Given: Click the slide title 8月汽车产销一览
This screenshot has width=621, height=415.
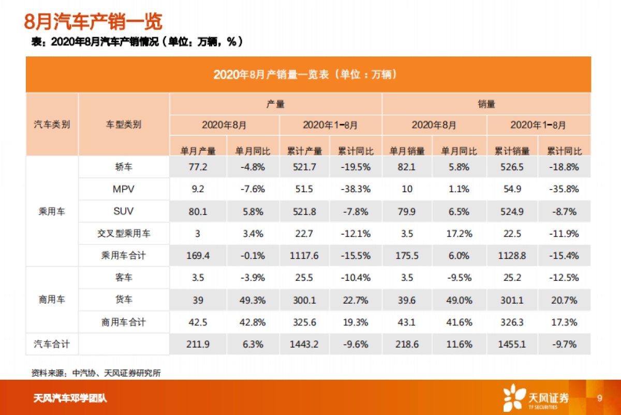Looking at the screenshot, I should pyautogui.click(x=93, y=22).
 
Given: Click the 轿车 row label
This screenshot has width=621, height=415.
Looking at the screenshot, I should pyautogui.click(x=124, y=167).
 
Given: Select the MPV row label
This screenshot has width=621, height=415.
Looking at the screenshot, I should pyautogui.click(x=124, y=189).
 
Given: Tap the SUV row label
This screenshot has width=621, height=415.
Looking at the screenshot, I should pyautogui.click(x=124, y=211).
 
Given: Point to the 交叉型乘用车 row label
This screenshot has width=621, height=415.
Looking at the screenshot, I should pyautogui.click(x=124, y=234).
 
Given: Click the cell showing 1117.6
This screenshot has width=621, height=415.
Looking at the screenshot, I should pyautogui.click(x=304, y=256).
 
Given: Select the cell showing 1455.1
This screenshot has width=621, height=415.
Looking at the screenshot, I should pyautogui.click(x=512, y=344).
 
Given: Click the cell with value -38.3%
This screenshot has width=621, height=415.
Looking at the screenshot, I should pyautogui.click(x=356, y=189).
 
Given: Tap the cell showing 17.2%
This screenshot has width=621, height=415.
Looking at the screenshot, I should pyautogui.click(x=460, y=234).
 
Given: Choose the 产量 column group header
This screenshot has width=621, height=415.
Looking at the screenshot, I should pyautogui.click(x=275, y=104).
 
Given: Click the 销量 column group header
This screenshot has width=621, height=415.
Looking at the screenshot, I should pyautogui.click(x=486, y=104).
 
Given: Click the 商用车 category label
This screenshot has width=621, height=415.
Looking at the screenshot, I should pyautogui.click(x=52, y=299).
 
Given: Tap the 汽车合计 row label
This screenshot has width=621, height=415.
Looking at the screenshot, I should pyautogui.click(x=52, y=344).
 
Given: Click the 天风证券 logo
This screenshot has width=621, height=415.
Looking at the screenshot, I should pyautogui.click(x=536, y=398).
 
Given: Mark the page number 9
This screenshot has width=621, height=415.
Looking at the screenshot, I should pyautogui.click(x=600, y=398).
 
